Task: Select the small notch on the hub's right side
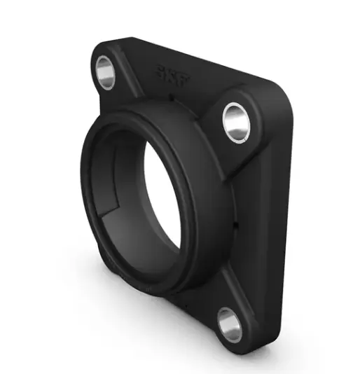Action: coord(237,226)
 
